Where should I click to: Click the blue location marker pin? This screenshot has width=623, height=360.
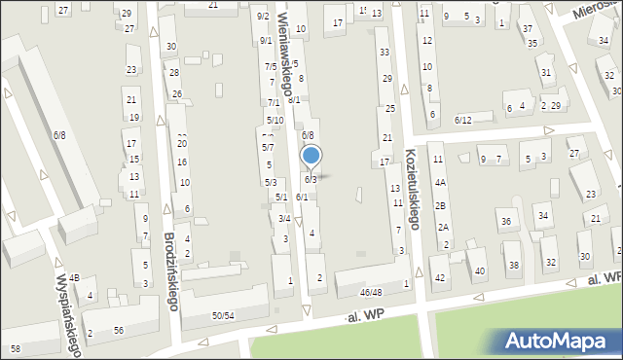[311, 157]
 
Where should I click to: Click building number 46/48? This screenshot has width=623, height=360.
[370, 291]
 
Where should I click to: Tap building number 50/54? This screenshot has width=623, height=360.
[223, 315]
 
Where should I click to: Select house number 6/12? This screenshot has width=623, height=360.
[463, 120]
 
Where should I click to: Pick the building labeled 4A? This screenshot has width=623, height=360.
[440, 182]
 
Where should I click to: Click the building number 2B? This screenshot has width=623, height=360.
[440, 205]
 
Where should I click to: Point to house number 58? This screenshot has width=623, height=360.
[15, 347]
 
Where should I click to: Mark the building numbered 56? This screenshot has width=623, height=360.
[118, 331]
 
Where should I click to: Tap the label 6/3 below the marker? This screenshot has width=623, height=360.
[310, 179]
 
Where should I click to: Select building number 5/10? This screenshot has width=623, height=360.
[275, 120]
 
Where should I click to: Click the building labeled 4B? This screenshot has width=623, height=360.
[74, 278]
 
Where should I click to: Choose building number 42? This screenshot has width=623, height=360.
[440, 277]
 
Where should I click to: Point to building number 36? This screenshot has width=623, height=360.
[505, 222]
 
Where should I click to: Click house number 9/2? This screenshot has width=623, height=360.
[263, 17]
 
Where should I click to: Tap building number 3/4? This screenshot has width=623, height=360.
[283, 218]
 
